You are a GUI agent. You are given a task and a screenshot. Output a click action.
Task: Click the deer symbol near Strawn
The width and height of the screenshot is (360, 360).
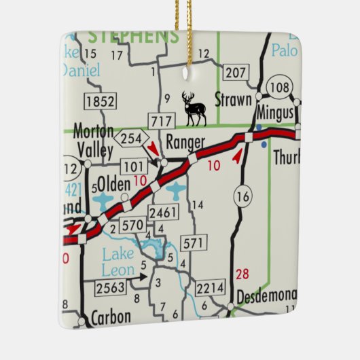coord(194,109)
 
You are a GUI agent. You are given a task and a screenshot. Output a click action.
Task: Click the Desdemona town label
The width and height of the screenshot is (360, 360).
coord(266,296)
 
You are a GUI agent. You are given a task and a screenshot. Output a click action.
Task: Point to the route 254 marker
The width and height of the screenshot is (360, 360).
coord(132,139)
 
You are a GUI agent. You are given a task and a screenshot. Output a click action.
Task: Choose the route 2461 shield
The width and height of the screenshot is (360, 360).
coord(163,214)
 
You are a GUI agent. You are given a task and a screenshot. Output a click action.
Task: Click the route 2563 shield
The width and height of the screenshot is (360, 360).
coord(110,288)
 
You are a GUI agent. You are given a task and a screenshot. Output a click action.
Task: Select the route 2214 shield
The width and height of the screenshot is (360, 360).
coord(209,288)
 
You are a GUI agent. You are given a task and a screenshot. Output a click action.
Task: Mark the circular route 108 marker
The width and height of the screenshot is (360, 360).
coord(279,86)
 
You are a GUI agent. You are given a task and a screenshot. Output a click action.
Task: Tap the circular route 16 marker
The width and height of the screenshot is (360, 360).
coord(242,196)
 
